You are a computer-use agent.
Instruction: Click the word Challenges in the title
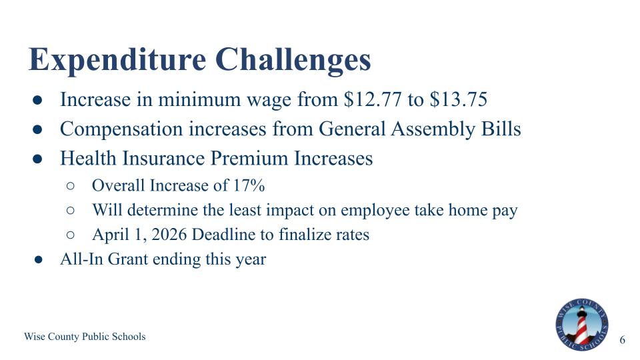point(293,60)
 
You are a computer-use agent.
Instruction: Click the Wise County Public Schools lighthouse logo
point(581,325)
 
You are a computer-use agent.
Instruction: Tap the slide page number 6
point(623,340)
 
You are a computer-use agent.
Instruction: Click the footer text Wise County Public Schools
point(85,337)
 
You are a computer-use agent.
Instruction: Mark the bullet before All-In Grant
point(39,260)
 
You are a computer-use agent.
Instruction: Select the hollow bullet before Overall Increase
point(71,185)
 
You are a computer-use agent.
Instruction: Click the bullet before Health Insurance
point(39,159)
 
